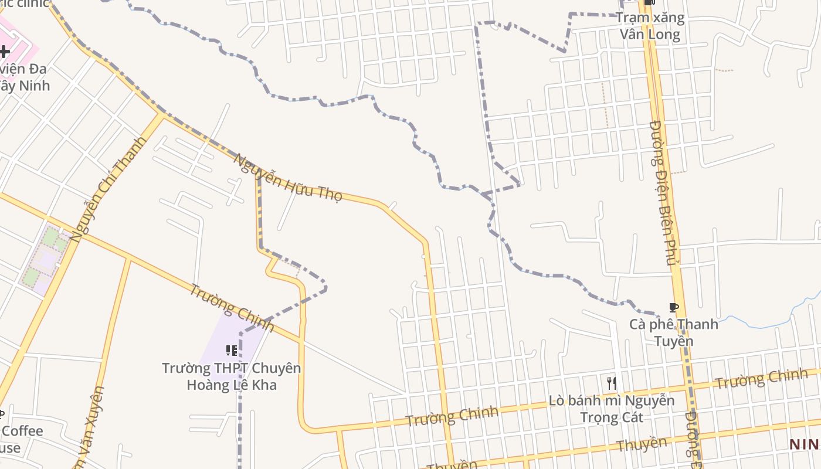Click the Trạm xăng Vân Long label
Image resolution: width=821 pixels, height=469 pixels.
point(650,26)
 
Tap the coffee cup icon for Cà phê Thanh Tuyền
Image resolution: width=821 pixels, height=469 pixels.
point(673,307)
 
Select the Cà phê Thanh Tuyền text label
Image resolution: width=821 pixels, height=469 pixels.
point(673,332)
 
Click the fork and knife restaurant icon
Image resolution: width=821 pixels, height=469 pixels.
point(612,383)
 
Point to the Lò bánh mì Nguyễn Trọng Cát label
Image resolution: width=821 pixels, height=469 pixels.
point(612,409)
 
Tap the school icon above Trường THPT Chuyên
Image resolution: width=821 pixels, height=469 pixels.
point(232,351)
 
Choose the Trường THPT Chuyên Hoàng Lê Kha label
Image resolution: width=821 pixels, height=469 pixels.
point(232,376)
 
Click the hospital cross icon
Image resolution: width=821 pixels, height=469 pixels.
point(5,51)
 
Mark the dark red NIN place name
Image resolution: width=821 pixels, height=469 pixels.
point(804,444)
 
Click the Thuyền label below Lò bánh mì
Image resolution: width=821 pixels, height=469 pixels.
point(642,444)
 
